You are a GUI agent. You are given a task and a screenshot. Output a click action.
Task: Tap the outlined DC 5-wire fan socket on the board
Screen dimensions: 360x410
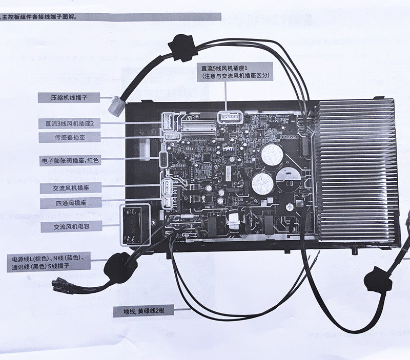point(228,117)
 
